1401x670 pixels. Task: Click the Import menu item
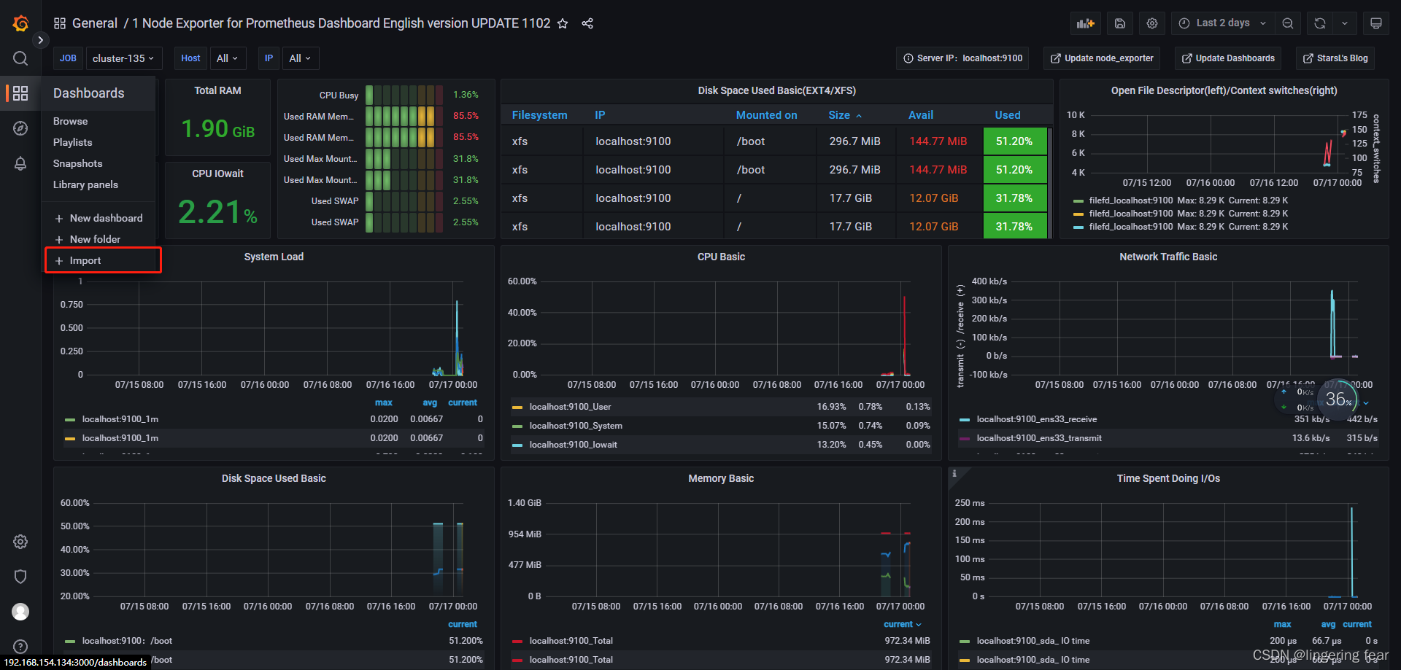(85, 260)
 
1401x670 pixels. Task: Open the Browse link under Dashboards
(70, 121)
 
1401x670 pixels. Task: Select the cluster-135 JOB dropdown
(123, 58)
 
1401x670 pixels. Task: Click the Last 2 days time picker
(1222, 23)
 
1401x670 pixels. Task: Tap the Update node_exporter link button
(1102, 58)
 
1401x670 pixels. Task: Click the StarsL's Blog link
(1335, 58)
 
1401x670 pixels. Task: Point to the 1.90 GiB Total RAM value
(217, 129)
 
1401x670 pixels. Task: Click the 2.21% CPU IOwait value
(217, 212)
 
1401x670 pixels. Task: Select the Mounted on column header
(766, 115)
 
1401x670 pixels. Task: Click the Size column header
(839, 115)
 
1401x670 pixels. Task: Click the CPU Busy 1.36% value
(466, 95)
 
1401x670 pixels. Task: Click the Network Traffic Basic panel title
(1168, 257)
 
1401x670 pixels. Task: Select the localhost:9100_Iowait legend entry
(573, 445)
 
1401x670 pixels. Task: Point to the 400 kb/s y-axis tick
(989, 281)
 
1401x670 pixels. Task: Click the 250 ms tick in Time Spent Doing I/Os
(970, 503)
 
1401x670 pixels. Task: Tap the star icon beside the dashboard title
(563, 23)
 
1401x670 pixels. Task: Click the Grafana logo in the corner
(20, 23)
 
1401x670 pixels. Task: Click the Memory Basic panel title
(721, 478)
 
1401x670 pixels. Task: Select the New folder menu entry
(95, 239)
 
